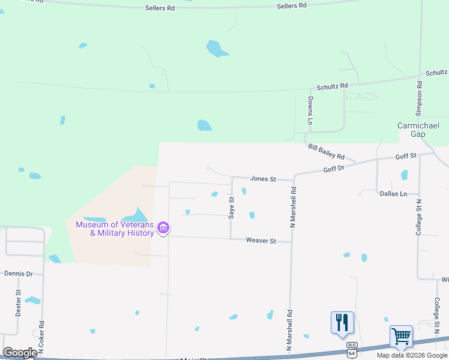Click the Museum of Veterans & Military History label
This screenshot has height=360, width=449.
pos(114,229)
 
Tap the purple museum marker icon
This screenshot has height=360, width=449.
pos(163,228)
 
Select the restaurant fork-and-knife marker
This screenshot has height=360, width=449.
pos(342,322)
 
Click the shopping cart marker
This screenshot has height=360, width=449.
pos(401,337)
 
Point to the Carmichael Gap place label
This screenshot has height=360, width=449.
pos(419,130)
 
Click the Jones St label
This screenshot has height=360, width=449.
pos(263,179)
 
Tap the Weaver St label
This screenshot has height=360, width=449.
pos(261,241)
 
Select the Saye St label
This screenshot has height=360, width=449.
pos(231,208)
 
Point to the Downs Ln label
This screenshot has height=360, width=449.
pos(310,110)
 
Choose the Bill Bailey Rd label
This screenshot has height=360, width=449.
pos(326,151)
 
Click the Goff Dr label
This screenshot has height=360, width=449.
pos(334,169)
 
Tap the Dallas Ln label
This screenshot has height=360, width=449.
pos(393,194)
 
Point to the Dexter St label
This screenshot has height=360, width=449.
pos(19,303)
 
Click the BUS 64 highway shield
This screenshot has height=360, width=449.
pos(351,346)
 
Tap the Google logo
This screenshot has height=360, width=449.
pos(20,353)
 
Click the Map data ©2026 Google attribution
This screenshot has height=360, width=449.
pos(412,355)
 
